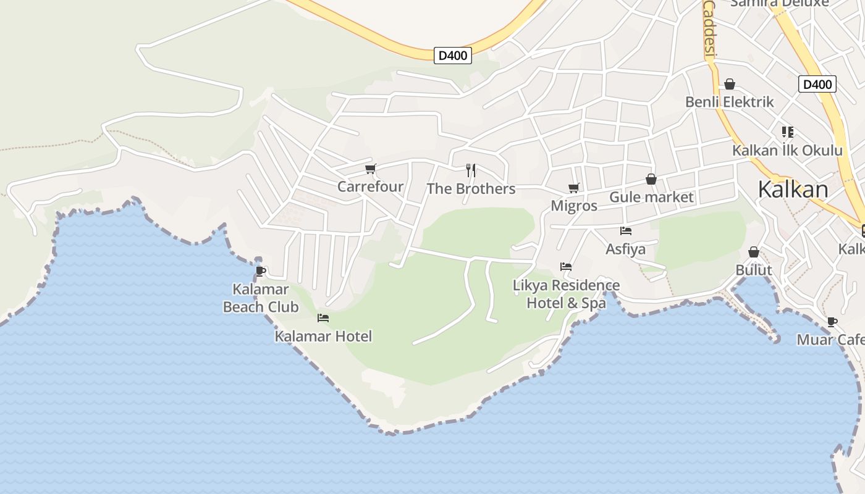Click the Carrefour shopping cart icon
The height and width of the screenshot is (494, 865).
click(x=371, y=169)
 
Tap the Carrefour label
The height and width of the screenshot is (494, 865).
click(x=370, y=186)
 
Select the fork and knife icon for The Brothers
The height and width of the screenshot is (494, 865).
click(x=471, y=170)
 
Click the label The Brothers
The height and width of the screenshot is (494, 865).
click(x=471, y=189)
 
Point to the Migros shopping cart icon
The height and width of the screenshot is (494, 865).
click(x=574, y=188)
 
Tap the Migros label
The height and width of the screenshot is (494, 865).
click(x=574, y=206)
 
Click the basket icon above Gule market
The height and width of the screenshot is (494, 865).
click(x=651, y=179)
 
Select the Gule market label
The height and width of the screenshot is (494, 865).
click(x=652, y=198)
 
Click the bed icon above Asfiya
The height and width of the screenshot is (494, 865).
click(x=626, y=231)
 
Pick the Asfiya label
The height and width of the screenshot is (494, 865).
click(x=625, y=249)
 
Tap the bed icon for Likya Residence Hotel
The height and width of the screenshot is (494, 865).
click(x=566, y=267)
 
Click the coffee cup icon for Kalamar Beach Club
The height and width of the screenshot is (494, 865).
click(x=261, y=271)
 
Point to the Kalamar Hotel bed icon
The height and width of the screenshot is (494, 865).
click(x=323, y=318)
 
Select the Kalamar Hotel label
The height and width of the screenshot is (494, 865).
click(x=323, y=337)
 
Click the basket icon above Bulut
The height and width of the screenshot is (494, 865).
click(x=754, y=252)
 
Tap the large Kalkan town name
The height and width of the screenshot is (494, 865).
click(x=793, y=190)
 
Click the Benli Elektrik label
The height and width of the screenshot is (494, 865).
click(x=729, y=102)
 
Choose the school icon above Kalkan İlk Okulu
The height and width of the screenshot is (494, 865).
click(x=787, y=132)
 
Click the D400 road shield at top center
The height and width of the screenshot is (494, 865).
click(x=453, y=56)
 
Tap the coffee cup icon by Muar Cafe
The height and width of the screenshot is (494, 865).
click(x=832, y=322)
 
